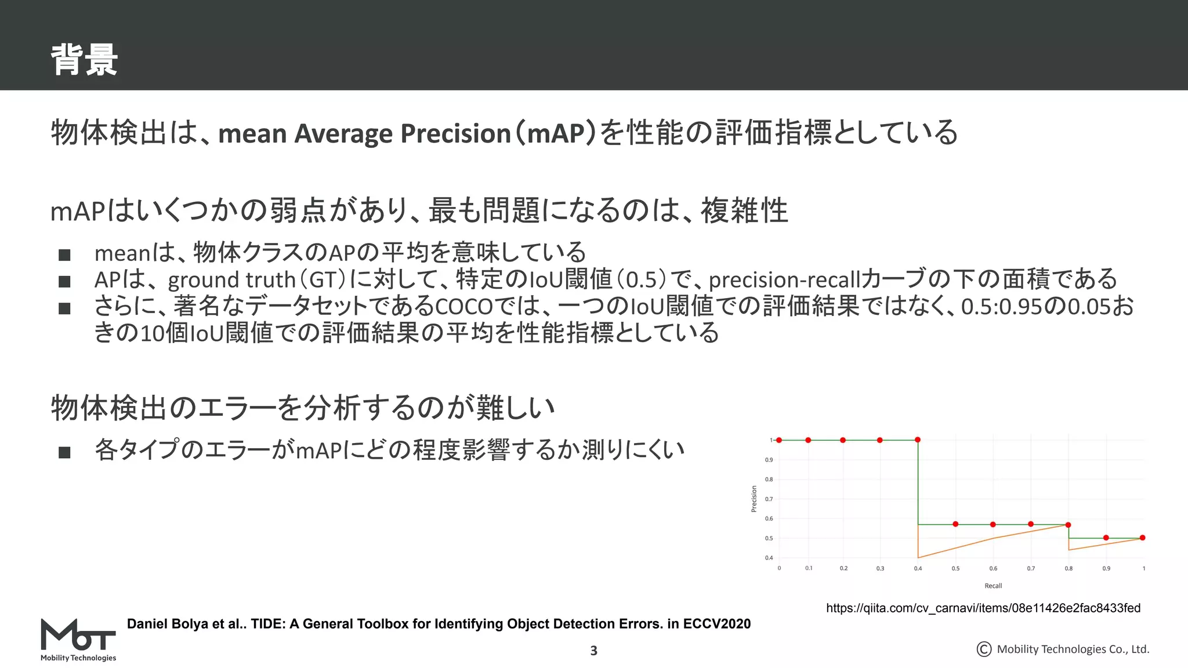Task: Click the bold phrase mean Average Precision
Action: [x=364, y=133]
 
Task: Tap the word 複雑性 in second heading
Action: [x=744, y=210]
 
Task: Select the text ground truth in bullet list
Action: [x=231, y=280]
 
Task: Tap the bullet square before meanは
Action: [x=64, y=255]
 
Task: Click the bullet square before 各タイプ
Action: [x=64, y=452]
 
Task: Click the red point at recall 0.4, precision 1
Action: [x=918, y=440]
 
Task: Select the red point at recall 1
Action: [x=1143, y=538]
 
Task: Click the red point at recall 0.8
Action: [x=1068, y=525]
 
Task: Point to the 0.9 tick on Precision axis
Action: [x=769, y=460]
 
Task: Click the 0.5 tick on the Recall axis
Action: [x=955, y=569]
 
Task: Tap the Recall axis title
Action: [x=993, y=586]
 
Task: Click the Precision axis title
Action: [x=754, y=499]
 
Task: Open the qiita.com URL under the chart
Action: [x=983, y=608]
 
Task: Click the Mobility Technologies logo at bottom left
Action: [x=78, y=640]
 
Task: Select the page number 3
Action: [x=593, y=651]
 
